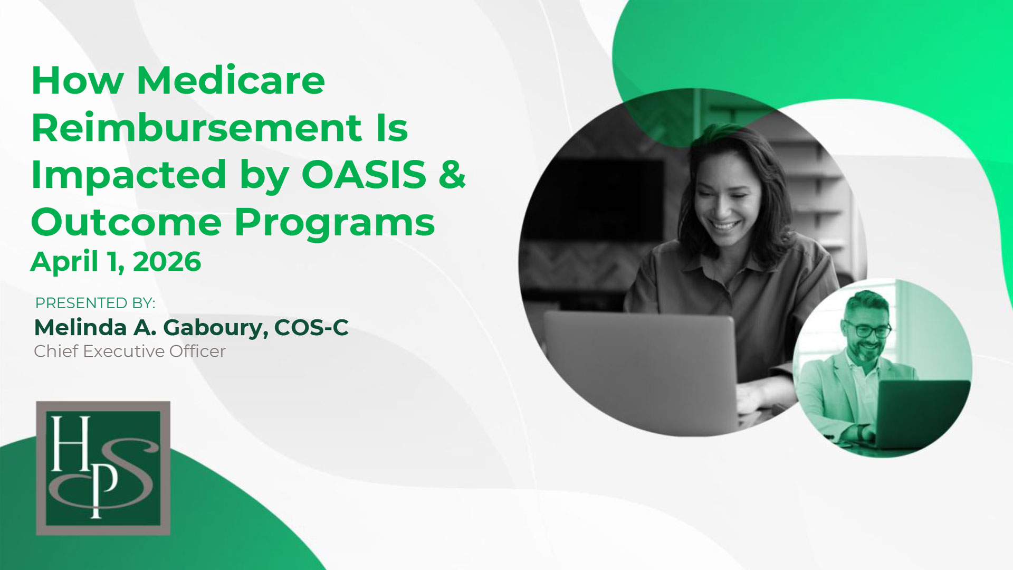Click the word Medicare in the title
click(231, 81)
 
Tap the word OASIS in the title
click(364, 175)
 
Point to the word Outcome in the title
click(127, 222)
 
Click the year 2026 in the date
click(167, 262)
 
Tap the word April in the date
click(64, 262)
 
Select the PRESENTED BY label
click(95, 303)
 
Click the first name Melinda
click(80, 328)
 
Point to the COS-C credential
click(311, 328)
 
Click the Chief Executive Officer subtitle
click(130, 351)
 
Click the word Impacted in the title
click(129, 175)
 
